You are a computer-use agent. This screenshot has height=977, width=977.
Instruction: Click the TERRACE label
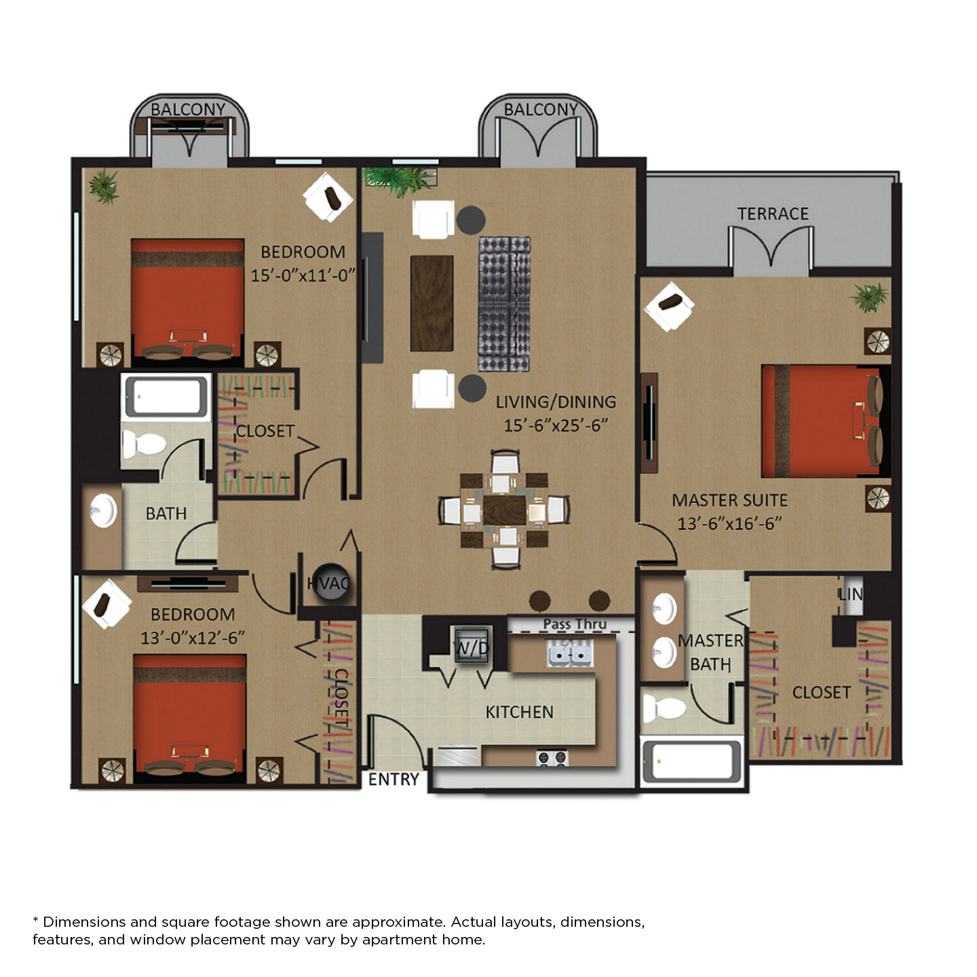click(x=772, y=214)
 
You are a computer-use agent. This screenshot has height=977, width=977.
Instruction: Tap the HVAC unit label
click(x=328, y=583)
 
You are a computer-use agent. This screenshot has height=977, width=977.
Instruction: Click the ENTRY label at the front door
click(x=394, y=779)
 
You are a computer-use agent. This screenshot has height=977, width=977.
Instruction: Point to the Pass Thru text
click(x=575, y=624)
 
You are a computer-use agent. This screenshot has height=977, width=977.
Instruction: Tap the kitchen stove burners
click(x=552, y=757)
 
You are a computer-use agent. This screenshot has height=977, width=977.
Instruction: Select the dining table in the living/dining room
click(x=504, y=510)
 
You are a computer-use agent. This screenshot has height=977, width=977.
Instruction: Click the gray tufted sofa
click(x=504, y=304)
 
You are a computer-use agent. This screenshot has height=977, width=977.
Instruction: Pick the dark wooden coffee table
click(x=432, y=303)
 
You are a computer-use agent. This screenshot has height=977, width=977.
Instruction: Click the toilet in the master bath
click(x=664, y=708)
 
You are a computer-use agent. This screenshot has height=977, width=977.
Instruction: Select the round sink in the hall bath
click(x=103, y=511)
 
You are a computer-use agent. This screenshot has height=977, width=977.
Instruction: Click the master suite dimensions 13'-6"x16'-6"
click(x=729, y=523)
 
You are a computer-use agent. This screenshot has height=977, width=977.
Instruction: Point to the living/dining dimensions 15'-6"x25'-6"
click(x=556, y=425)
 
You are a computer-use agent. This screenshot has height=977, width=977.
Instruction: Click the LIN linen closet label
click(x=850, y=594)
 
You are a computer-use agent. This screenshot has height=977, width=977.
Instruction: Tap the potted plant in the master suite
click(x=870, y=297)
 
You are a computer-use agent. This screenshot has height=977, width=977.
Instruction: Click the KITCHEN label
click(x=519, y=712)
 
